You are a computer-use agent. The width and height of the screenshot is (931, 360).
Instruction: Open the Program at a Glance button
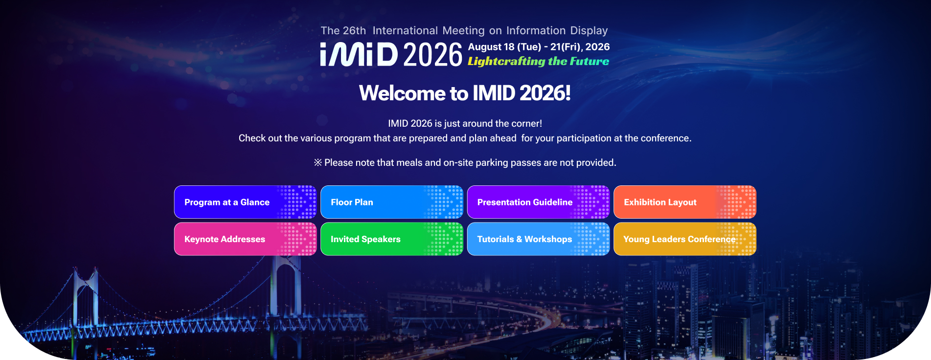click(x=245, y=202)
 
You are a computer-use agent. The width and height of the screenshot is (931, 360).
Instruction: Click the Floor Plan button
click(x=392, y=202)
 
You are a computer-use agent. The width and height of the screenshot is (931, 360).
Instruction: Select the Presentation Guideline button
click(x=538, y=202)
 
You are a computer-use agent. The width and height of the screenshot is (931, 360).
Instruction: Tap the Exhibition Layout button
click(x=685, y=202)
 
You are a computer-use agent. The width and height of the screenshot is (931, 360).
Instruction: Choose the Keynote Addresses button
click(x=245, y=239)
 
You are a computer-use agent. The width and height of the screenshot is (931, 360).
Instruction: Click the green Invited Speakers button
click(x=392, y=239)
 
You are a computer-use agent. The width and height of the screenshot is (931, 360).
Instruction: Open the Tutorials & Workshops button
click(x=538, y=239)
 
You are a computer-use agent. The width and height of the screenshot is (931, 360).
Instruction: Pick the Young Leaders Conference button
click(x=685, y=239)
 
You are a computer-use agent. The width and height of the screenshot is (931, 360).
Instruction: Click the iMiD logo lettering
click(x=359, y=54)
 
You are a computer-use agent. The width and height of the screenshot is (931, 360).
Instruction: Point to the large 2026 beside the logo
click(x=433, y=55)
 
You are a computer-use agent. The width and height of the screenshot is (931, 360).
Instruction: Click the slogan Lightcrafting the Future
click(x=538, y=61)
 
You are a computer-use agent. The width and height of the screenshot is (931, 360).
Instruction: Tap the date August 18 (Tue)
click(x=504, y=47)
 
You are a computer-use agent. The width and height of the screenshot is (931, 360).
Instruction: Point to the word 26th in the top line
click(x=354, y=30)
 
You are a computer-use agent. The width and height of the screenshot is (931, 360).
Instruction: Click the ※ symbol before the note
click(x=318, y=162)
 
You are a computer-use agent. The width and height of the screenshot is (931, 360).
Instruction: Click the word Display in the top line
click(x=589, y=30)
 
